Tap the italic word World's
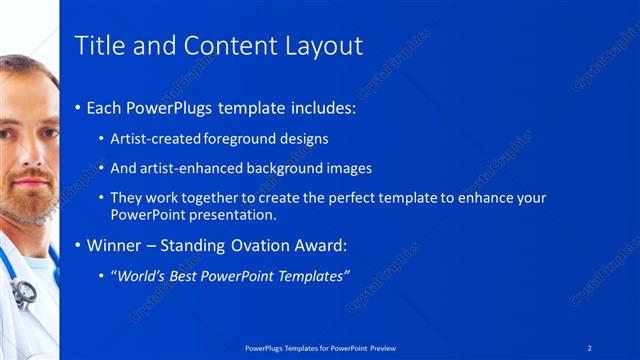coord(140,275)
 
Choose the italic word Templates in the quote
coord(313,275)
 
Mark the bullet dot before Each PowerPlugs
coord(80,108)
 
